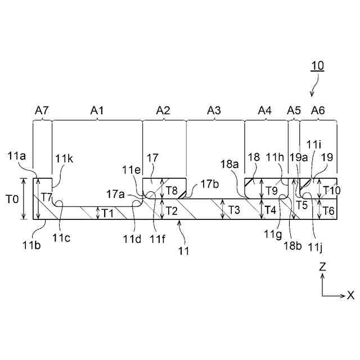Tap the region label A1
coord(97,111)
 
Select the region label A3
coord(214,111)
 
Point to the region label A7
coord(42,111)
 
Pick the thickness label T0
coord(12,199)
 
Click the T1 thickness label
coord(107,212)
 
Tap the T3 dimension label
coord(235,210)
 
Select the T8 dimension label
coord(173,190)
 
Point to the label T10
coord(332,190)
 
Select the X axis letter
coord(350,295)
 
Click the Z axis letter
coord(322,268)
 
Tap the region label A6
coord(318,111)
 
